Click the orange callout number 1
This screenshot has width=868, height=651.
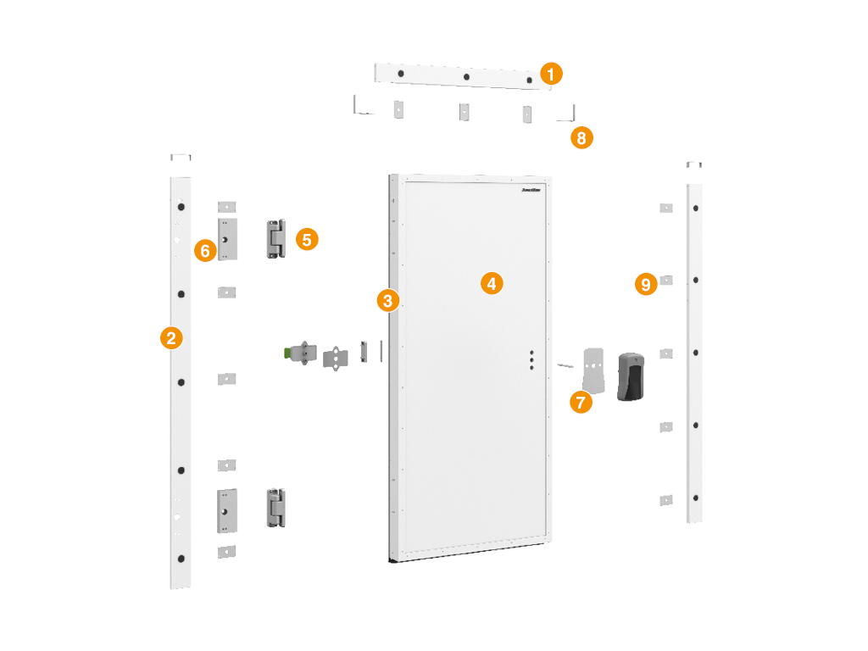pos(551,74)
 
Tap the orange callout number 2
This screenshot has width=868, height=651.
pos(171,338)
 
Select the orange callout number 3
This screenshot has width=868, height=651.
pos(388,299)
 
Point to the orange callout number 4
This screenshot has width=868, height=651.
pos(492,283)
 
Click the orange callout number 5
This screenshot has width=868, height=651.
pos(308,239)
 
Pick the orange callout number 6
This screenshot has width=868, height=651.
pos(204,250)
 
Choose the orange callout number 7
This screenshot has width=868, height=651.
pos(581,402)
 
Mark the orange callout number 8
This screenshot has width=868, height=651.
pos(581,138)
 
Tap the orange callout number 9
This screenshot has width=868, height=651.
pos(647,284)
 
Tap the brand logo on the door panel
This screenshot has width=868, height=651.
pos(532,191)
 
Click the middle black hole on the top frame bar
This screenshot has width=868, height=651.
pos(466,77)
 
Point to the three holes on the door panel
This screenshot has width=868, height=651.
pos(531,360)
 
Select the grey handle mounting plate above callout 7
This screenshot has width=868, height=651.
pos(595,370)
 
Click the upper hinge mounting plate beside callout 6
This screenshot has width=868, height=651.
pos(227,240)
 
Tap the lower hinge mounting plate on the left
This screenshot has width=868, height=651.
pos(227,510)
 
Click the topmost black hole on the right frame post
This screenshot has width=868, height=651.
pos(695,208)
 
